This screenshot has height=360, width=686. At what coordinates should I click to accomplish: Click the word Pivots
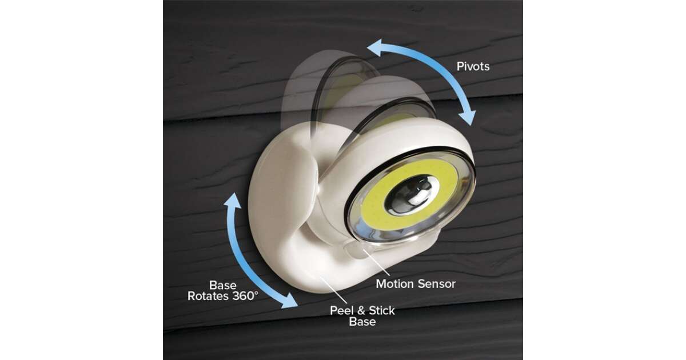(473, 66)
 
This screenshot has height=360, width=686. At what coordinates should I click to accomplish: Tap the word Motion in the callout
(393, 284)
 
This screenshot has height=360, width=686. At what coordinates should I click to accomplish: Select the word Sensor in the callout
(434, 284)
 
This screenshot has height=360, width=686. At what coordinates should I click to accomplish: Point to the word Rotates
(208, 296)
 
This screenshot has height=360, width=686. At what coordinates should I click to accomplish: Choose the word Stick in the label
(382, 311)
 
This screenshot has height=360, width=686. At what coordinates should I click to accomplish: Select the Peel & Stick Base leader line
(333, 290)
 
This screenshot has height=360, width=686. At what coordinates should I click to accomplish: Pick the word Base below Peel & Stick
(362, 322)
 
